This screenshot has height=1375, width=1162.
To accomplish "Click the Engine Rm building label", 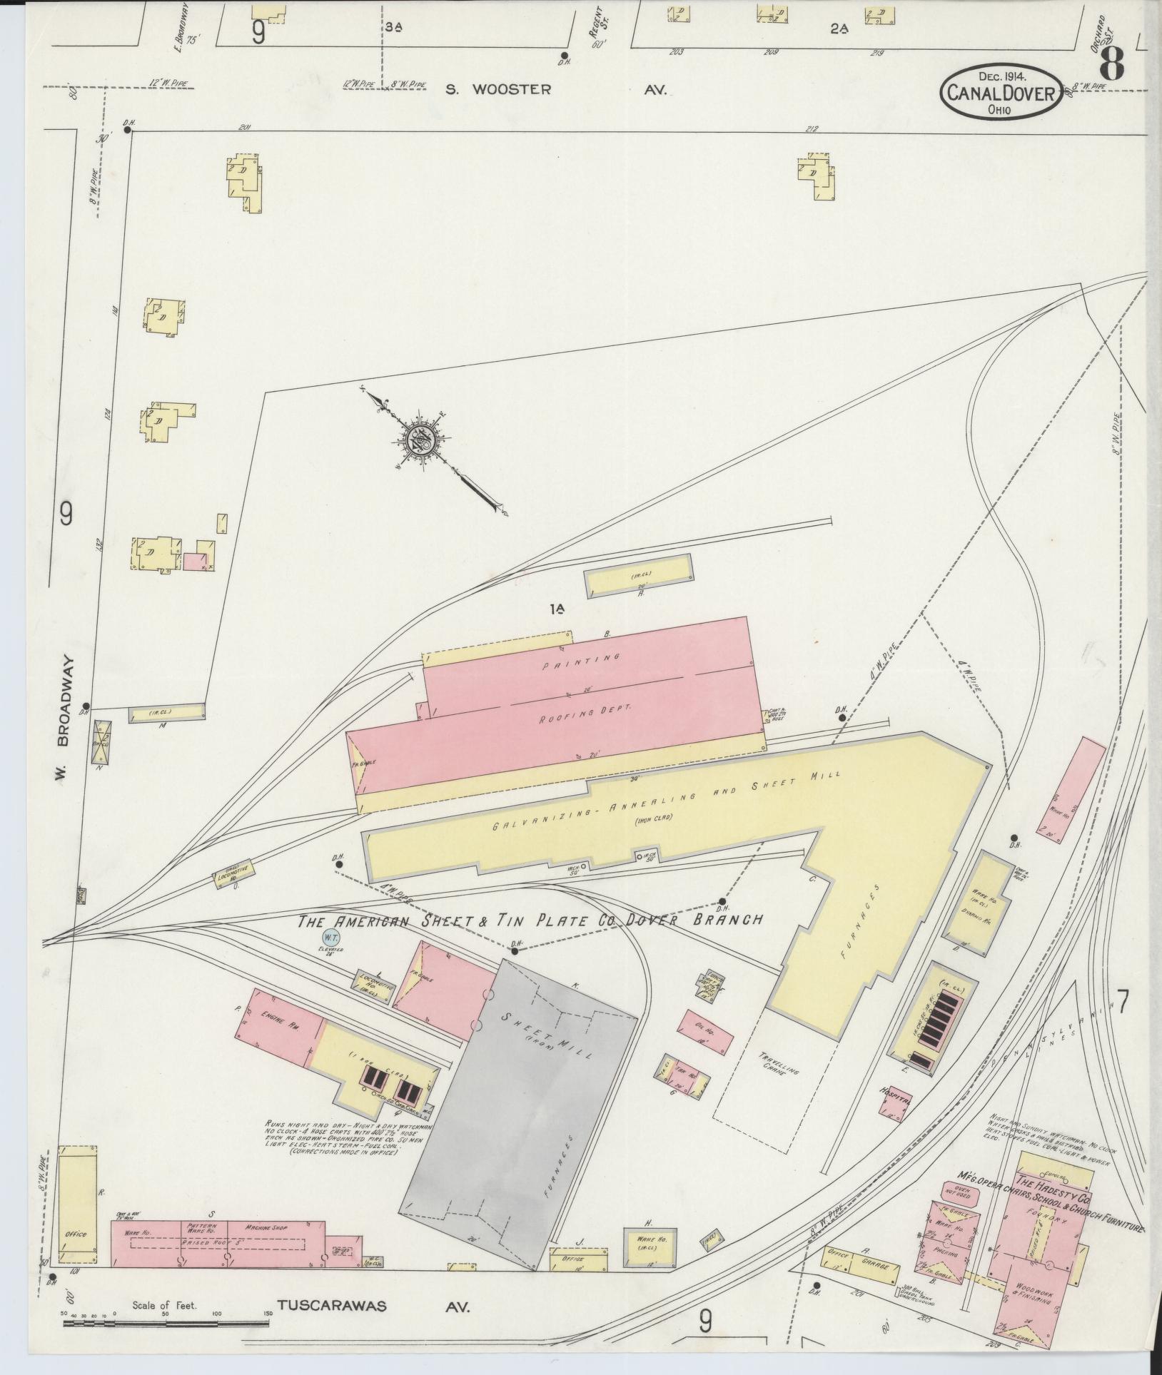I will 274,1016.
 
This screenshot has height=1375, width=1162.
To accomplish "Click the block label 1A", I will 557,609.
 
